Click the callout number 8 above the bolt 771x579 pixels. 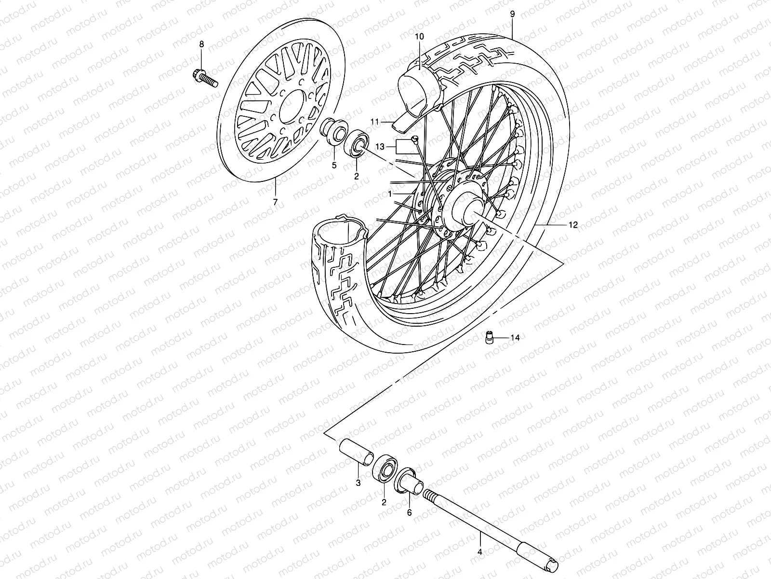201,44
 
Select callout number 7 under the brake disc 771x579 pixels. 275,202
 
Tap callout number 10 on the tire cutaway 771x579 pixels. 418,37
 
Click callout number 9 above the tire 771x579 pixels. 512,14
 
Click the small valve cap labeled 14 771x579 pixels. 489,337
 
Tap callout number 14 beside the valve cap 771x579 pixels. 515,338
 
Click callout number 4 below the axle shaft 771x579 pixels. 479,551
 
